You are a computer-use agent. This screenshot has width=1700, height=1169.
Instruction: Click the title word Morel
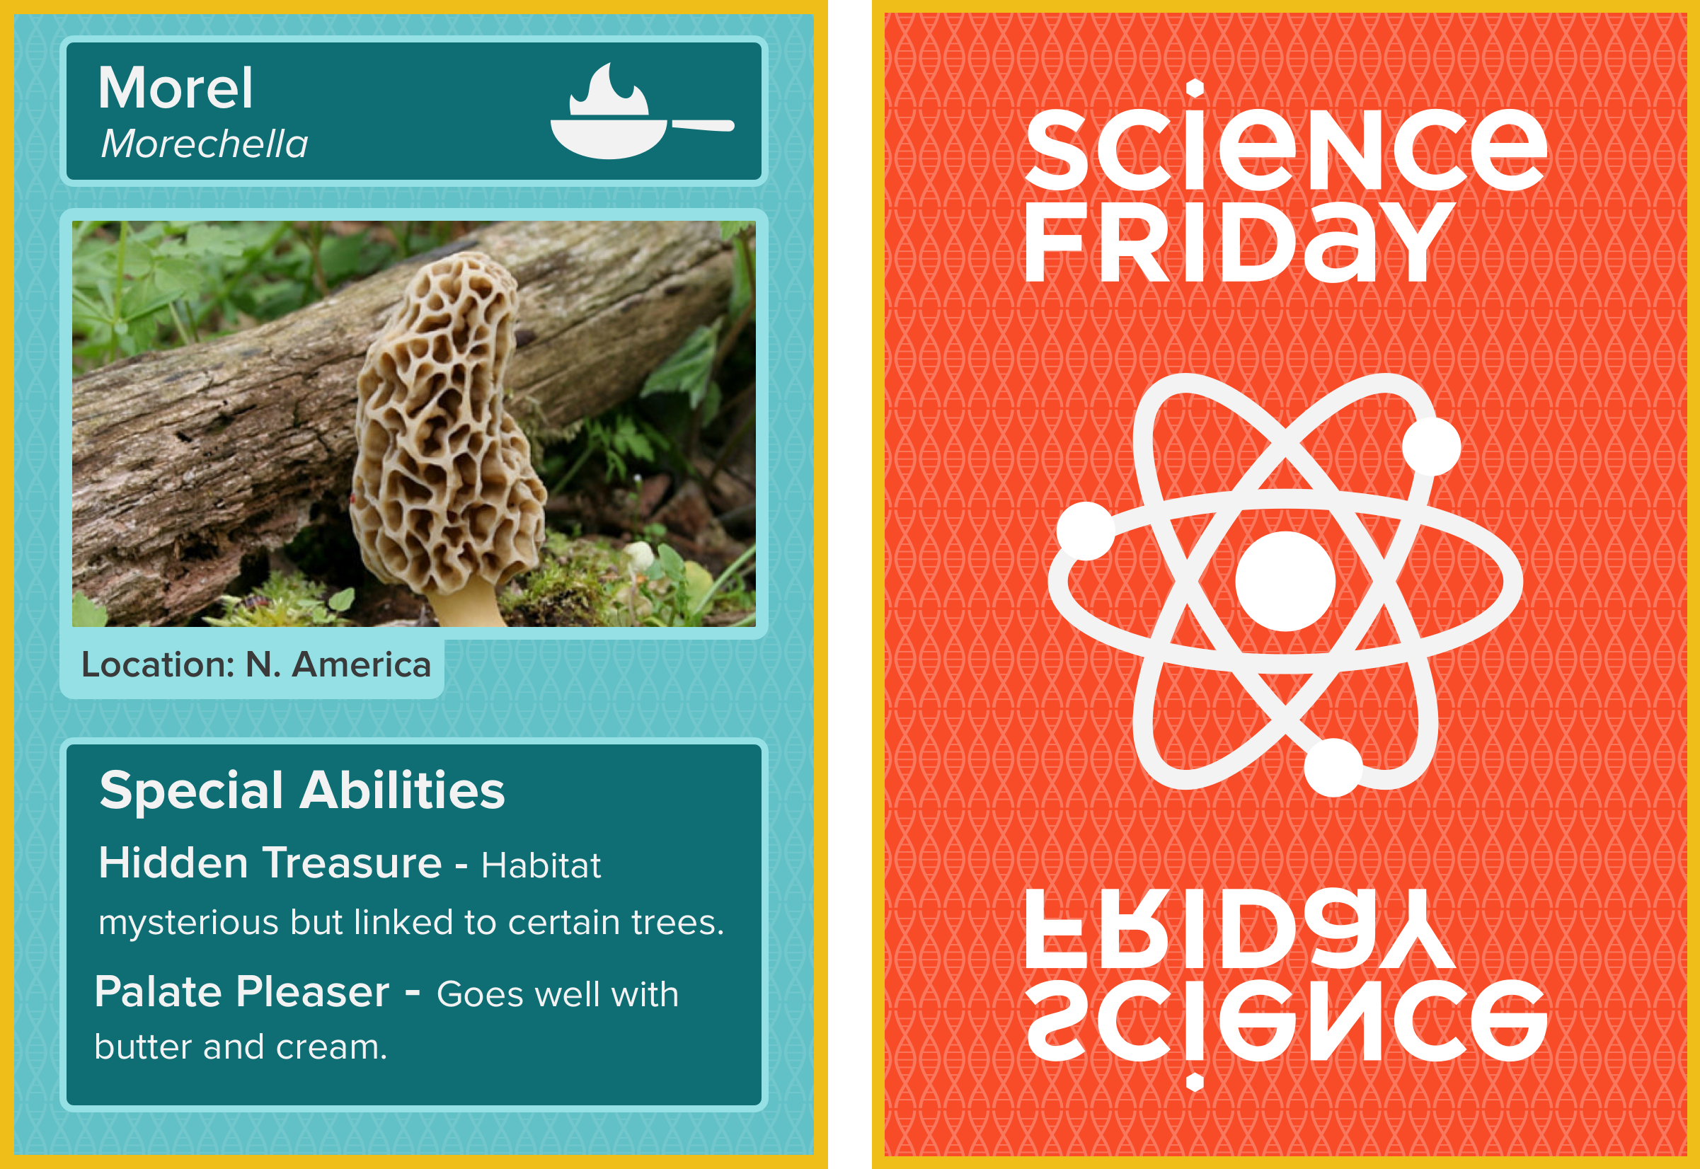point(176,88)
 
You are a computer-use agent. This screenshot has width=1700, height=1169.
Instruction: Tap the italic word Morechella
point(205,144)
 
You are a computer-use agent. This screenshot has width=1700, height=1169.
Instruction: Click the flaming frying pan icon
point(642,110)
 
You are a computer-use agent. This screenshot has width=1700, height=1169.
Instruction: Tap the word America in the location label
point(361,665)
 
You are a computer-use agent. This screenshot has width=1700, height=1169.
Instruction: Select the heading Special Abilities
point(301,790)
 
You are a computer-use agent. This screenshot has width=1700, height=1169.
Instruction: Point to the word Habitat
point(541,865)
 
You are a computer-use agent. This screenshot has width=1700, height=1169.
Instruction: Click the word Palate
point(159,993)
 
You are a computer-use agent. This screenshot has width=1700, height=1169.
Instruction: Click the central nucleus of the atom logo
point(1285,581)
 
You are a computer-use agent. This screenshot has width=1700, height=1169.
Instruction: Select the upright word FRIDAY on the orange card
point(1239,242)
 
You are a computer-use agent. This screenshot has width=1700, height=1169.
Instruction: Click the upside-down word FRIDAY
point(1239,928)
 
